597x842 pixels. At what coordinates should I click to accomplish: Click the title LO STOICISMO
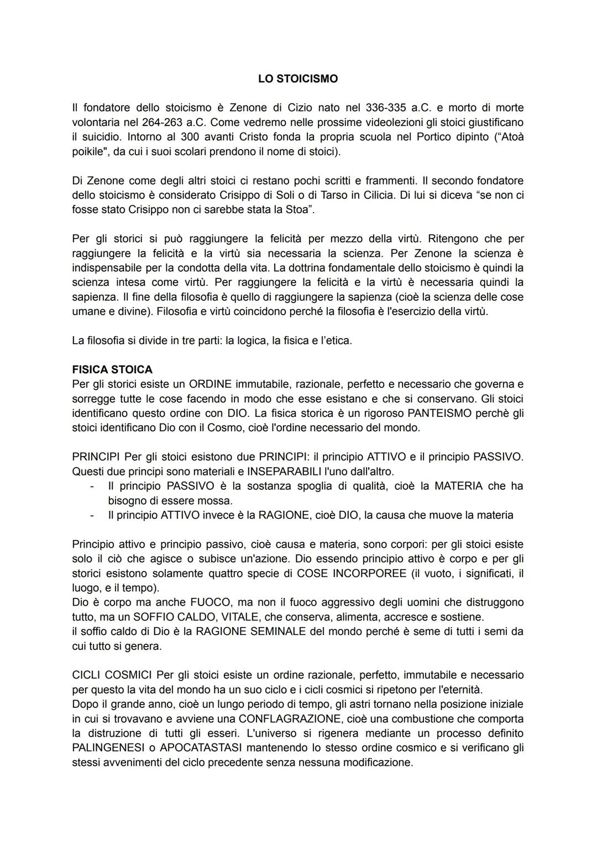tap(297, 79)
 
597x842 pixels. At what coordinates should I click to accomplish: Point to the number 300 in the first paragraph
tap(190, 136)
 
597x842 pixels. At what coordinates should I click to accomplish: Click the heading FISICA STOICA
tap(112, 369)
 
